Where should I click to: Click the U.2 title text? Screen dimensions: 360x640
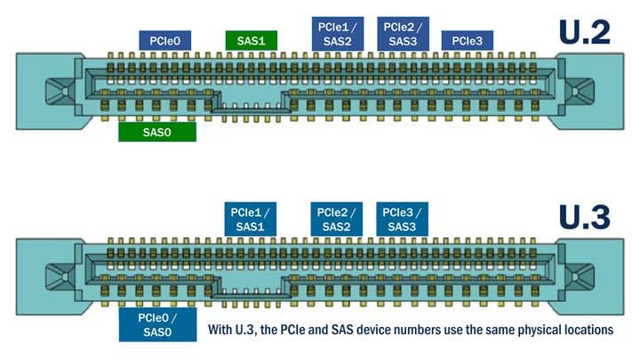coord(584,33)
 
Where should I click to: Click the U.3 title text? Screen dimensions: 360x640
coord(584,218)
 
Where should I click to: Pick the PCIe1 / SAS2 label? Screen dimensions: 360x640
coord(335,34)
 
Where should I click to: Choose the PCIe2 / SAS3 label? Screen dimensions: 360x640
coord(403,34)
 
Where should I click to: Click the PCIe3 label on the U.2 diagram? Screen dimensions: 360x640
coord(468,41)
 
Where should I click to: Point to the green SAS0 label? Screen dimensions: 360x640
coord(156,132)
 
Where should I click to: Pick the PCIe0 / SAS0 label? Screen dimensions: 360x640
coord(156,324)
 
